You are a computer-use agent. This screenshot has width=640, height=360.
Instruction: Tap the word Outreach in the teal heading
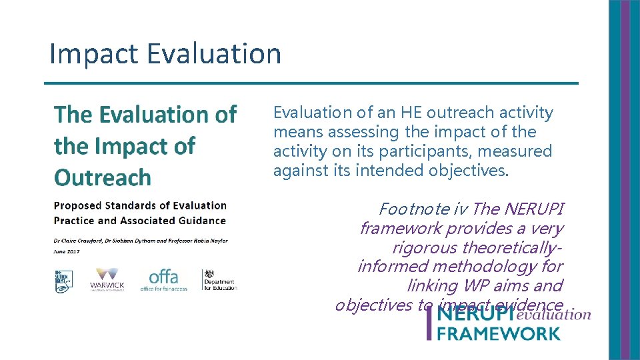(x=103, y=178)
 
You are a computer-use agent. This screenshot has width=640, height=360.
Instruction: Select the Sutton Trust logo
(x=64, y=279)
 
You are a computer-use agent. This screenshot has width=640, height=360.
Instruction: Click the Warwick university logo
(x=107, y=279)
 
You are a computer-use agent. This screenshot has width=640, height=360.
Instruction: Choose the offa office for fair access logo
(x=163, y=279)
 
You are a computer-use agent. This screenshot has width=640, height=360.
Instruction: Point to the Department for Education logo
(x=219, y=279)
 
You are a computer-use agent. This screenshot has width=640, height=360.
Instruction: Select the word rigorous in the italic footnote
(x=425, y=248)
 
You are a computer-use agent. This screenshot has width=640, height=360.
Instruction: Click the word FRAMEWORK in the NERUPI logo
(x=499, y=333)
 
